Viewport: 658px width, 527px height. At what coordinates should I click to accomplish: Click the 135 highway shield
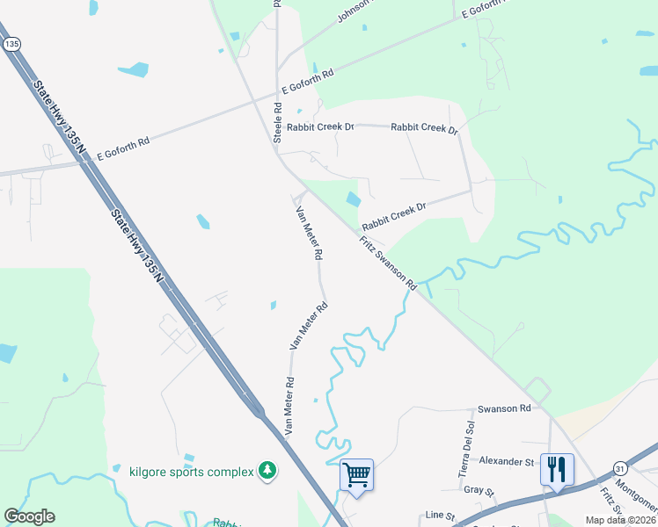[11, 43]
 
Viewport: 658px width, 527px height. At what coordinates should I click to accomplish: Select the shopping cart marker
[357, 475]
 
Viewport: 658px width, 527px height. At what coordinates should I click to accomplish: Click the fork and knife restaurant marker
[557, 469]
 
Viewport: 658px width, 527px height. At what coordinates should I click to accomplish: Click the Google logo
[29, 516]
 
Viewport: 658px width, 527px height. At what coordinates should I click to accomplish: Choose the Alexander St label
[507, 460]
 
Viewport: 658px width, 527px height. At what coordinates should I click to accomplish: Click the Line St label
[437, 515]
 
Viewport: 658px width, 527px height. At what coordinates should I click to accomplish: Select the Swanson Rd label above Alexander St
[504, 408]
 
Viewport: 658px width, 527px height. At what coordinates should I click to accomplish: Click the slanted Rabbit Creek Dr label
[394, 213]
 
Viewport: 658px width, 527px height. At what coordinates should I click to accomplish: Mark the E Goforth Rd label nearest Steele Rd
[308, 83]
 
